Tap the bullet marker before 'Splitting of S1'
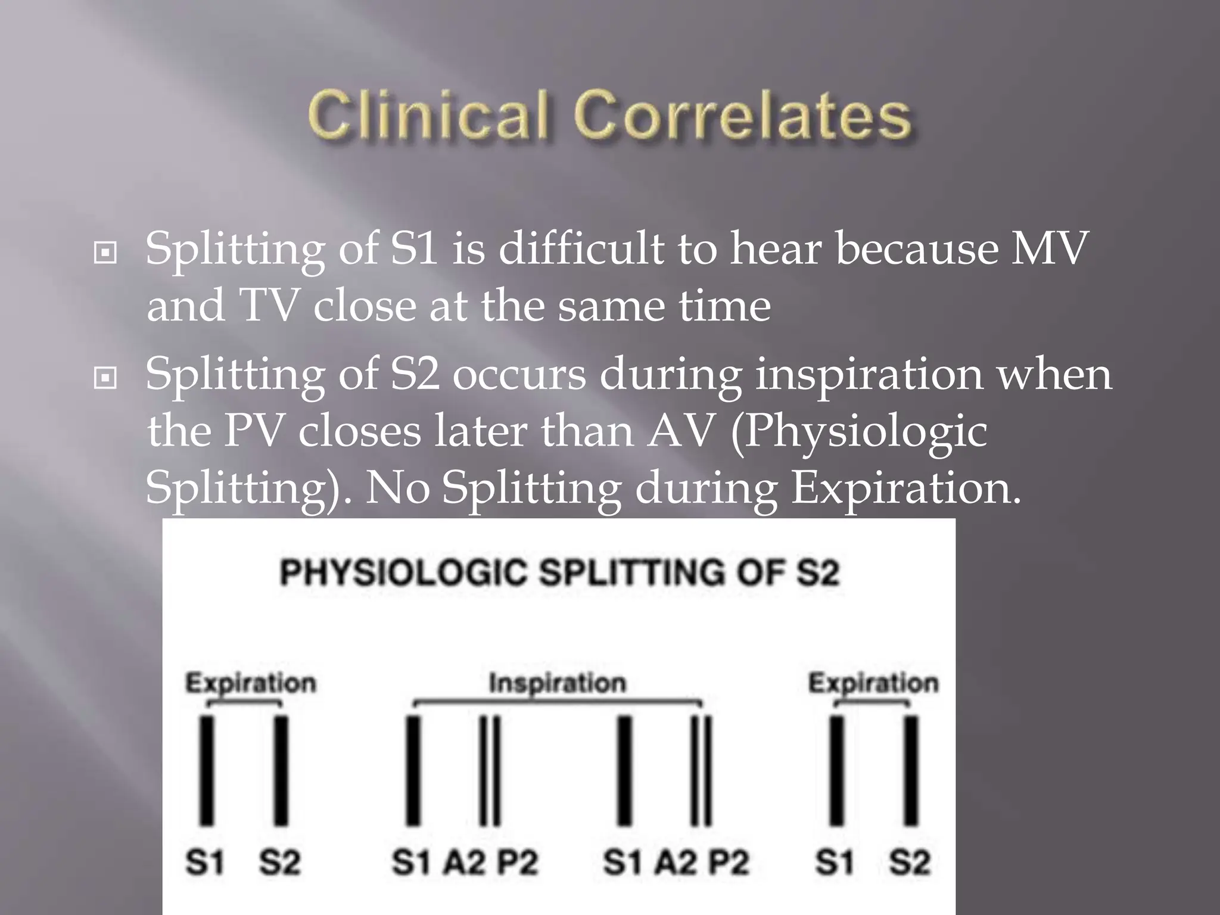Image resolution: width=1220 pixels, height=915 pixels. tap(105, 253)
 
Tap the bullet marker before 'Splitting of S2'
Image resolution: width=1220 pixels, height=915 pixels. tap(105, 377)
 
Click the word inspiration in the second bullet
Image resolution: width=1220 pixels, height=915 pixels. tap(869, 375)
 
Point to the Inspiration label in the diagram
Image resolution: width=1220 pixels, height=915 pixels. tap(558, 683)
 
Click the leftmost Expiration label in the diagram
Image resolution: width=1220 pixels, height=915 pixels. tap(251, 683)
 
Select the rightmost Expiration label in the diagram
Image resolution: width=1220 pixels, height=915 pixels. tap(873, 683)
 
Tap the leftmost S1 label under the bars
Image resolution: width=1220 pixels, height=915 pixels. tap(205, 862)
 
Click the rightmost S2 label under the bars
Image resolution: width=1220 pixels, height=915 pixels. tap(910, 862)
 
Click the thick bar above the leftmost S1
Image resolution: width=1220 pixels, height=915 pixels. tap(207, 771)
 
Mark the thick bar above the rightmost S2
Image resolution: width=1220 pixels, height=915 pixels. tap(911, 771)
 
